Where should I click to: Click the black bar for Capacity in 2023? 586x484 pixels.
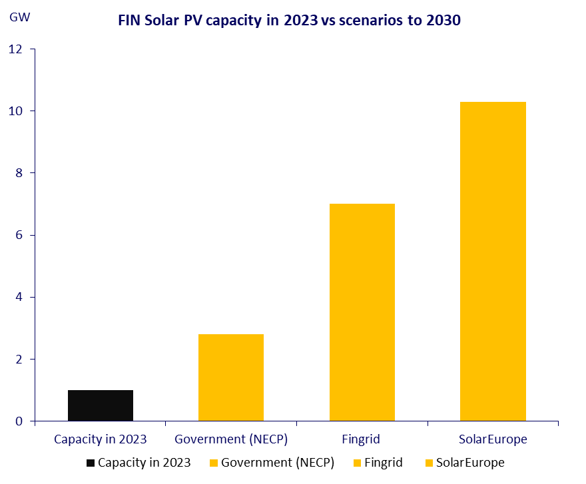[x=101, y=405]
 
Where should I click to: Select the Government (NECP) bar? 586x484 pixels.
[x=231, y=377]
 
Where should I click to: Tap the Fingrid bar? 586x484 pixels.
[x=362, y=312]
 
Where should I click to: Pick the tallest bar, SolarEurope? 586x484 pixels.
[x=493, y=261]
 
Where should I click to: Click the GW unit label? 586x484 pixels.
[x=16, y=17]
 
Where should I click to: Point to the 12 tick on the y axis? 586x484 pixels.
[x=15, y=49]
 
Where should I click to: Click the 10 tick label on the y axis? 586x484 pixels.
[x=15, y=111]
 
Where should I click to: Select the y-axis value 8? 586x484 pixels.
[x=19, y=173]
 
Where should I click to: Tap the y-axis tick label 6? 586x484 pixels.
[x=19, y=235]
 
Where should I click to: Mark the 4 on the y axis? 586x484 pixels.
[x=19, y=297]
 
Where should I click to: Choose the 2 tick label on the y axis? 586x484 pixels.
[x=19, y=360]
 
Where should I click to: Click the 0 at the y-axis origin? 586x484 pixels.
[x=19, y=421]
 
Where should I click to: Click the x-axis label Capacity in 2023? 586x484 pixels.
[x=101, y=439]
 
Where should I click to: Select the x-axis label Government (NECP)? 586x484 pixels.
[x=231, y=439]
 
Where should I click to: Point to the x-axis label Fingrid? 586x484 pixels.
[x=362, y=439]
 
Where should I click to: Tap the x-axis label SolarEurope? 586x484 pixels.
[x=493, y=439]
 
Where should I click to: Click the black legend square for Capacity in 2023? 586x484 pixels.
[x=91, y=463]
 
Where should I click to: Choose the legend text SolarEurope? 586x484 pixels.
[x=470, y=463]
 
